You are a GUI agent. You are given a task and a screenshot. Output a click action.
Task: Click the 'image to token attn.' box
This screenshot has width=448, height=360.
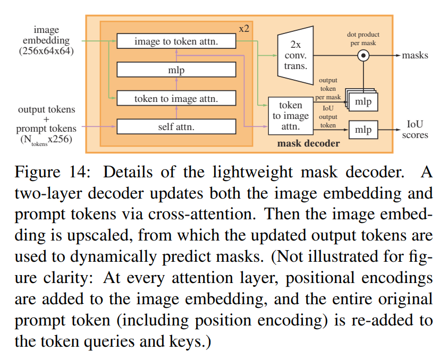tap(176, 41)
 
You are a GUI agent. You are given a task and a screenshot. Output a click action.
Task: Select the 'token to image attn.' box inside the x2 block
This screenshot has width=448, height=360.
tap(176, 98)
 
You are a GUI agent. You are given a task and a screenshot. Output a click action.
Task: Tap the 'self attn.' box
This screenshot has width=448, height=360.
tap(176, 126)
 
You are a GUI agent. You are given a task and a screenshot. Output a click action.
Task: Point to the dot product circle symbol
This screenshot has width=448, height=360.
tap(364, 55)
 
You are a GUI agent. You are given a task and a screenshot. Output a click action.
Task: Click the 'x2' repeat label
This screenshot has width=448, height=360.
tap(244, 28)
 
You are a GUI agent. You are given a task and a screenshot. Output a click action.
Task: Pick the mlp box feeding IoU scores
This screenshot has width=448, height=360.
tap(364, 130)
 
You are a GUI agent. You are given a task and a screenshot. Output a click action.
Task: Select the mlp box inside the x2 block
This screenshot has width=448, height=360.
tap(176, 70)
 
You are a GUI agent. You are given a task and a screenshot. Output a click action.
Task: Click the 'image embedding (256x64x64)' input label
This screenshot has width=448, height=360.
tap(46, 40)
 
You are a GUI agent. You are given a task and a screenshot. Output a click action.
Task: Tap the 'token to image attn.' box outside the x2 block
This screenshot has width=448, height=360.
tap(290, 116)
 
